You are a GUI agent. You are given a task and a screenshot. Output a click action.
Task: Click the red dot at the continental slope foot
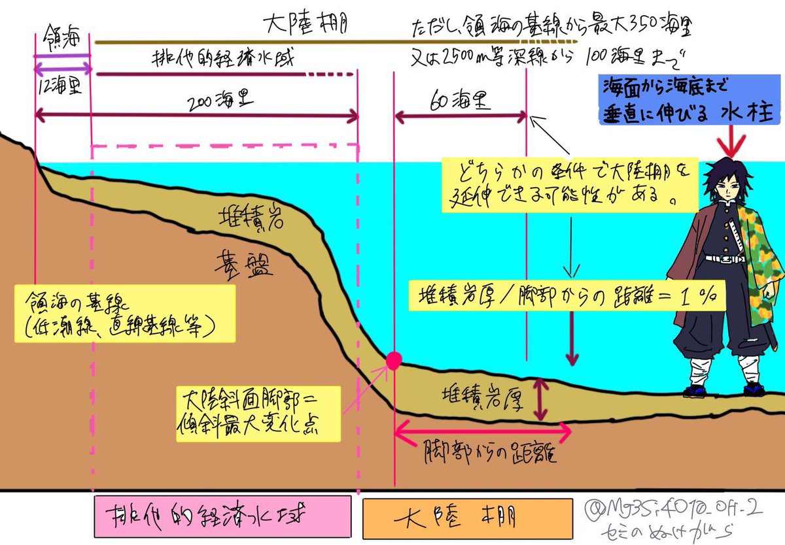coord(394,359)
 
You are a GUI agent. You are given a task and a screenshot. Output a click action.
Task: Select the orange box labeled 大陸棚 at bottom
coord(468,518)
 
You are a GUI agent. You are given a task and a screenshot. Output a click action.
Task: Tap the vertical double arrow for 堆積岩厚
coord(540,399)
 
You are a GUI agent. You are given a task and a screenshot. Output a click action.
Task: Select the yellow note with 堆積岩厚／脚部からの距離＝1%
coord(567,295)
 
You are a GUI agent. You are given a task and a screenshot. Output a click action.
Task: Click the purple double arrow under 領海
coord(62,66)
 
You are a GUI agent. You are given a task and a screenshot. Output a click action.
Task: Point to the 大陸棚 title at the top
coord(305,26)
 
